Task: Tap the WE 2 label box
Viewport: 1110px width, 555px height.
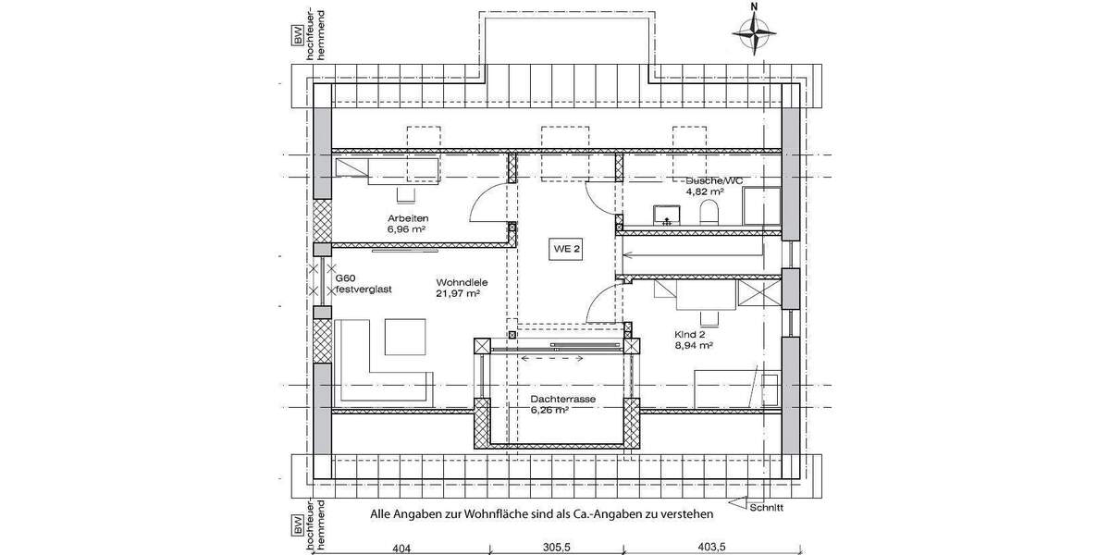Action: (x=566, y=249)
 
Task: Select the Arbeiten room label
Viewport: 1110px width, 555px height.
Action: (x=407, y=218)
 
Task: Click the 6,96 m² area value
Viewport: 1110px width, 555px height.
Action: (x=407, y=228)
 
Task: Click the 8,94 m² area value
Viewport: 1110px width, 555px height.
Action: (x=693, y=346)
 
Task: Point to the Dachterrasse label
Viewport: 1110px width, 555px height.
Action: (x=562, y=400)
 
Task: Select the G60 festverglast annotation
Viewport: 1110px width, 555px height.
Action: (x=364, y=283)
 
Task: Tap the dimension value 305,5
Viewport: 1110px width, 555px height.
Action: (x=556, y=547)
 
